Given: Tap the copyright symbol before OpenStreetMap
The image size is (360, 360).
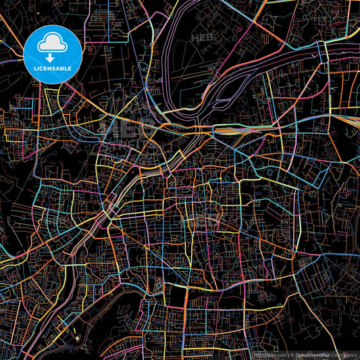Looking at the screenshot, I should click(292, 354).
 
